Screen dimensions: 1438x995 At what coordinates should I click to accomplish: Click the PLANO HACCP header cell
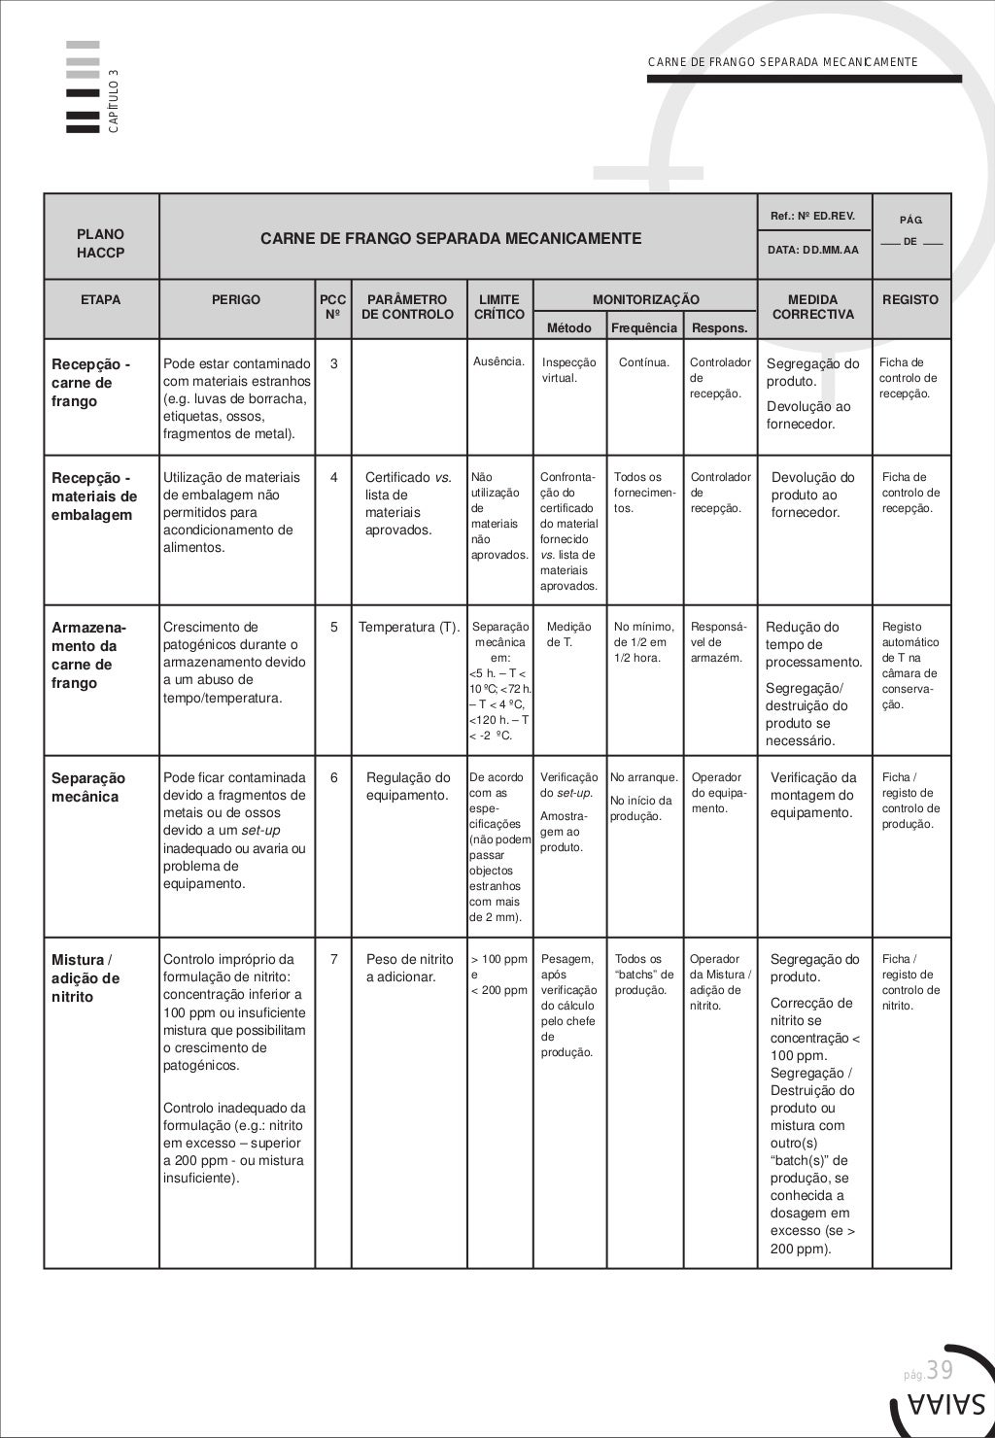click(100, 243)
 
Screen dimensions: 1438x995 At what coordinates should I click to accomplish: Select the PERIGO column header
click(236, 300)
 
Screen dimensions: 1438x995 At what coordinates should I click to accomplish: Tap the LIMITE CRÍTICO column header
click(499, 307)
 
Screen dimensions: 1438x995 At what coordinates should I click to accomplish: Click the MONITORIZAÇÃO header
click(646, 300)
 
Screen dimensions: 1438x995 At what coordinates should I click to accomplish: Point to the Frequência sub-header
click(643, 328)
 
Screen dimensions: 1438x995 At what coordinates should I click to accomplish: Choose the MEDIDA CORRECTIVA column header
click(813, 307)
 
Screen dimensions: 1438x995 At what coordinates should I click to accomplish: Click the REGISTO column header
click(910, 300)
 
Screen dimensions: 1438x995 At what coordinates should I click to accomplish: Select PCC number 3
click(334, 364)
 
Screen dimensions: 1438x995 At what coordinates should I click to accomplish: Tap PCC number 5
click(334, 627)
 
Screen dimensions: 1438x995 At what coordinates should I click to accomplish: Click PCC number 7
click(334, 959)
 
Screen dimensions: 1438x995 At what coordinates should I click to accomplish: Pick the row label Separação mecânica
click(88, 787)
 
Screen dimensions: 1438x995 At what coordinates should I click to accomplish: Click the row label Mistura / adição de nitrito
click(86, 977)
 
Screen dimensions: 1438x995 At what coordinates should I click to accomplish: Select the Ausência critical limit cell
click(499, 362)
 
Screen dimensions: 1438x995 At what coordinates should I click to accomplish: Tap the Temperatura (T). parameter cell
click(409, 627)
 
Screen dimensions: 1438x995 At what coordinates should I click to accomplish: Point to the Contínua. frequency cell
click(644, 362)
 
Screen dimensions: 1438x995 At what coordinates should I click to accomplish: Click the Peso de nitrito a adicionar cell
click(409, 968)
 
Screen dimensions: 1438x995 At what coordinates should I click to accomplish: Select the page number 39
click(939, 1370)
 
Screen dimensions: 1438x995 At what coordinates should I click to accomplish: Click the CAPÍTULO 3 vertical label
click(114, 101)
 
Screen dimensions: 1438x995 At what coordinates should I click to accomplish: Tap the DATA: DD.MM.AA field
click(813, 250)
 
